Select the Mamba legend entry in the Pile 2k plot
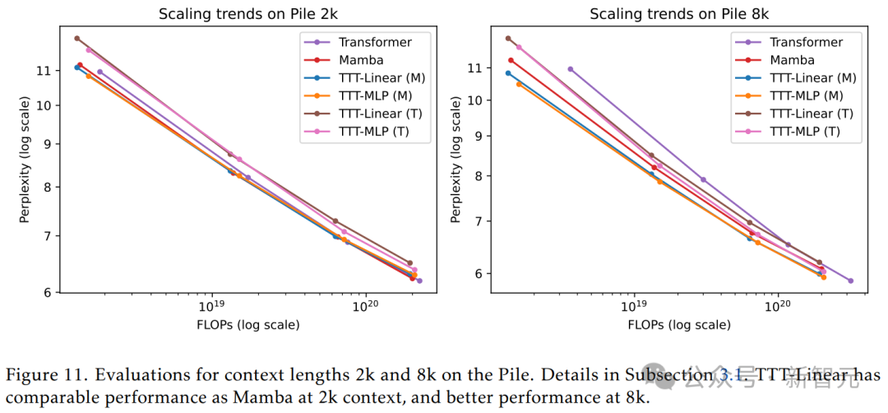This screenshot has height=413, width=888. (x=360, y=59)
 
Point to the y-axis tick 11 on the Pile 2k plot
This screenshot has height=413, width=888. (x=44, y=71)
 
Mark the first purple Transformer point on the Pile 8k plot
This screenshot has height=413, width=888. (x=571, y=69)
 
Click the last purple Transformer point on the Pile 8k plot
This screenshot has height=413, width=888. (x=850, y=281)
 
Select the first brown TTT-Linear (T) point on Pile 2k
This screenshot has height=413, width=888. (x=76, y=38)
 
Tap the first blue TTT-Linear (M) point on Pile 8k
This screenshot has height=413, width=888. (x=508, y=73)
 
